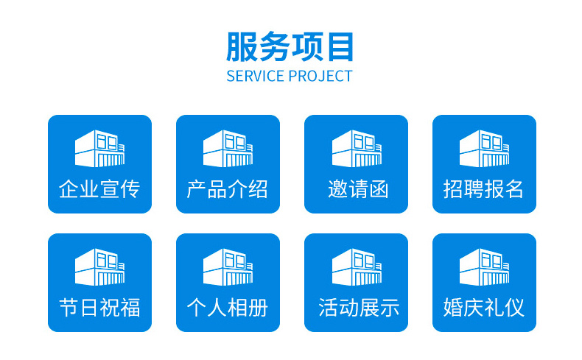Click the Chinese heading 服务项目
[x=290, y=46]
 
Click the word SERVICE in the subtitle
[x=255, y=77]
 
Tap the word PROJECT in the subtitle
[x=320, y=77]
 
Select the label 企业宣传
[x=99, y=189]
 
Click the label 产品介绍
[x=228, y=189]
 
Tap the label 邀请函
[x=358, y=189]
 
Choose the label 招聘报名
[x=483, y=189]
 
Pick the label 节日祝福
[x=99, y=308]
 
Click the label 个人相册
[x=228, y=308]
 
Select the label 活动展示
[x=359, y=308]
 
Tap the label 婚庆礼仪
[x=483, y=308]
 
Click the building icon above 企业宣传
[x=99, y=148]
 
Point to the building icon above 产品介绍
[x=228, y=148]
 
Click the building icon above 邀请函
[x=357, y=148]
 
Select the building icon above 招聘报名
[x=484, y=148]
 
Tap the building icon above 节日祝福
[x=99, y=267]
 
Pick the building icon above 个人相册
[x=228, y=267]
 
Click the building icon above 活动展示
[x=357, y=267]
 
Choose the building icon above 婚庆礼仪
[x=484, y=267]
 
